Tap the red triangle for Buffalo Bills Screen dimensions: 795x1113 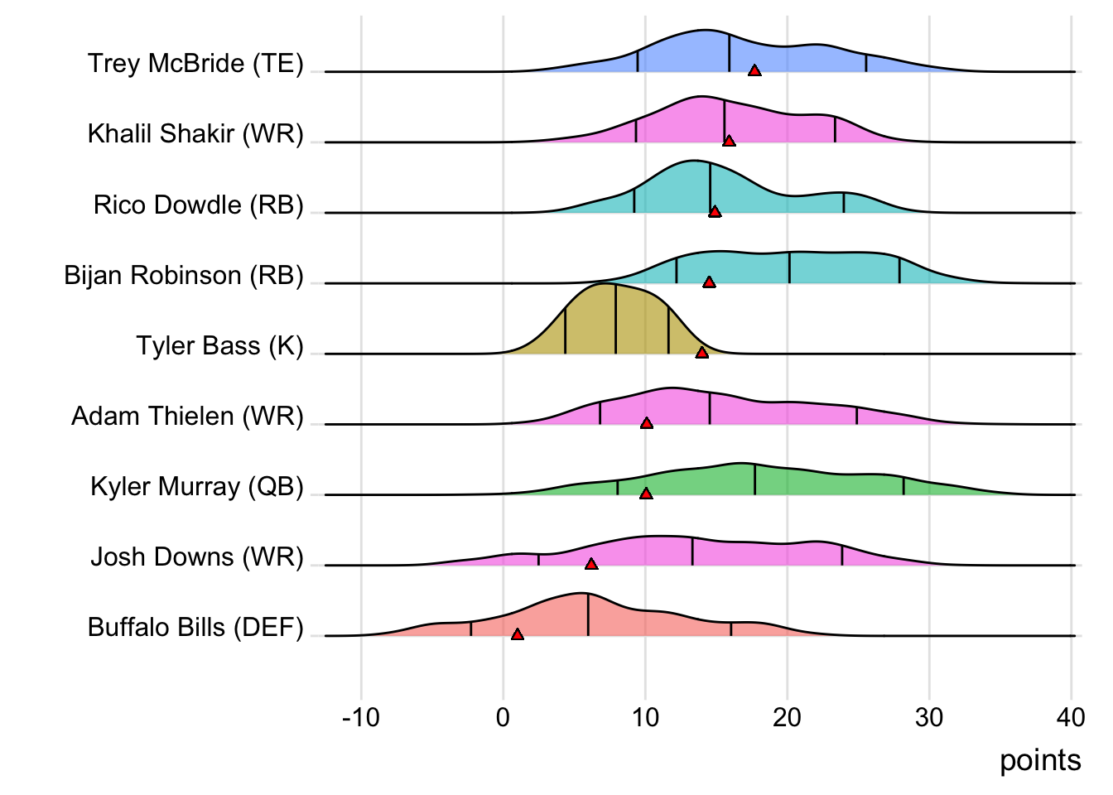(518, 635)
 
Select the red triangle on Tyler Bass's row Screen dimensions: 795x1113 (702, 353)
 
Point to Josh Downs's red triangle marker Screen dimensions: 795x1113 (591, 564)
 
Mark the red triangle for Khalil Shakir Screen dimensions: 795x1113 (729, 142)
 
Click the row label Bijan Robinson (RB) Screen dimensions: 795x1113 (184, 275)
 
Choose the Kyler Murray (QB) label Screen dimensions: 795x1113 (197, 486)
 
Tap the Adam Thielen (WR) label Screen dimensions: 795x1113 (187, 416)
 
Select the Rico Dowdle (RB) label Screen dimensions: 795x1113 (199, 205)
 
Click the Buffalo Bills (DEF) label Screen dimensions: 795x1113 (195, 627)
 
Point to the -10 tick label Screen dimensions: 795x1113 (360, 717)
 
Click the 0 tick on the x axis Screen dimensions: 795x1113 (503, 717)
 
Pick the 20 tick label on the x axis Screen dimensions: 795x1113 (787, 717)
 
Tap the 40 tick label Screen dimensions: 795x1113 (1071, 717)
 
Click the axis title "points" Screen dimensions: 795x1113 (1040, 760)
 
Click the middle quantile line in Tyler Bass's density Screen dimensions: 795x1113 (615, 319)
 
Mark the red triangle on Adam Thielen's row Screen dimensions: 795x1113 (647, 423)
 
